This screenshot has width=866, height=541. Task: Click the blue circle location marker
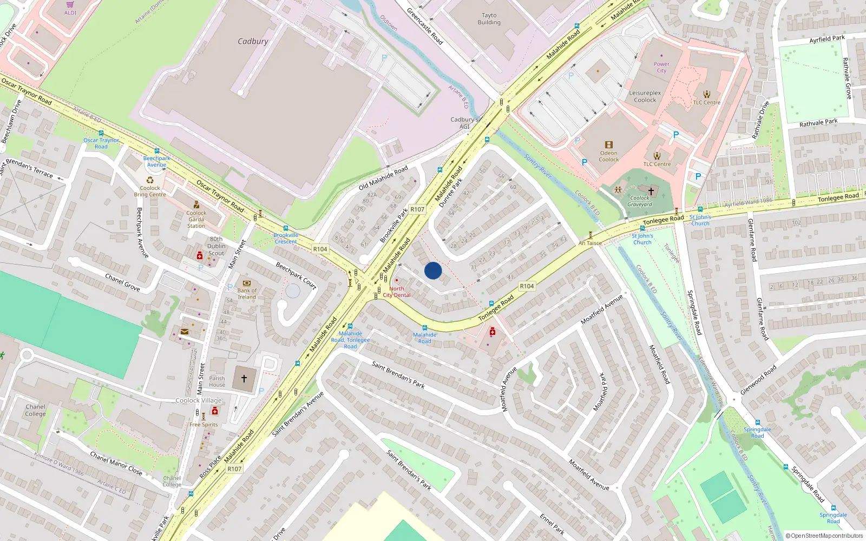pos(433,270)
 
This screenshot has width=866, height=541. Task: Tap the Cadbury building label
pos(253,41)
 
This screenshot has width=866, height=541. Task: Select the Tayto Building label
pos(489,19)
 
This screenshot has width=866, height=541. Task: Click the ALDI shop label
pos(70,12)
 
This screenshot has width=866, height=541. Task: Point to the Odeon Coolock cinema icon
pos(609,145)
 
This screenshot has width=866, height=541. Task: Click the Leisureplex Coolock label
pos(645,96)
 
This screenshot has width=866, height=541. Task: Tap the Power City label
pos(661,67)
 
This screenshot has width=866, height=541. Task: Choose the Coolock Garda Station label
pos(196,219)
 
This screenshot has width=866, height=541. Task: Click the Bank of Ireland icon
pos(247,283)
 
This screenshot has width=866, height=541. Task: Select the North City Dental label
pos(397,292)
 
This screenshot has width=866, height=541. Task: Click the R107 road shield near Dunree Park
pos(417,209)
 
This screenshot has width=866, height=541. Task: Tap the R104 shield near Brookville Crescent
pos(320,249)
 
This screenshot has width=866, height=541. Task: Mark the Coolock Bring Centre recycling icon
pos(150,181)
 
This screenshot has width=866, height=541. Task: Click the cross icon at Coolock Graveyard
pos(651,191)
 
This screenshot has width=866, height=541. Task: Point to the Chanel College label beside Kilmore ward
pos(35,410)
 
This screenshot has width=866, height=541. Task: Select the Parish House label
pos(217,381)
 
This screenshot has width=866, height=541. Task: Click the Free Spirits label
pos(204,425)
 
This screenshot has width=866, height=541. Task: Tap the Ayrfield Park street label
pos(827,39)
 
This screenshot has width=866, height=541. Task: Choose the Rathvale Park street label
pos(818,123)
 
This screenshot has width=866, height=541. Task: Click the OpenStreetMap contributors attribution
pos(824,536)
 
